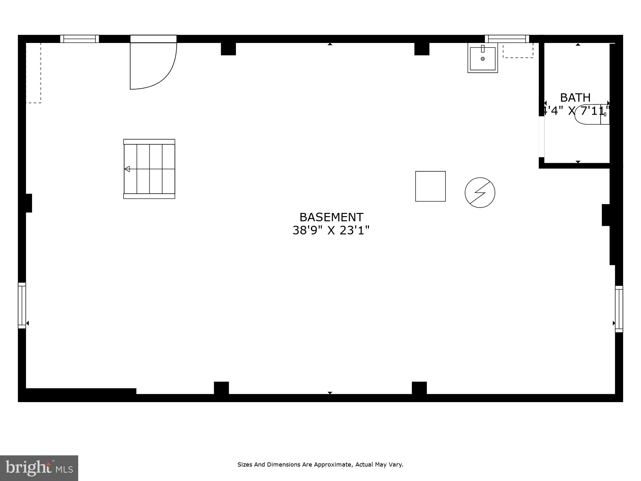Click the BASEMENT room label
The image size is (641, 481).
pyautogui.click(x=331, y=217)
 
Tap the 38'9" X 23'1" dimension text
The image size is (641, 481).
pyautogui.click(x=331, y=231)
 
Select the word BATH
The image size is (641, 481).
pyautogui.click(x=575, y=97)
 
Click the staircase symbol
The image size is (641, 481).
pyautogui.click(x=149, y=169)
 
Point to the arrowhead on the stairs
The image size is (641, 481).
pyautogui.click(x=127, y=169)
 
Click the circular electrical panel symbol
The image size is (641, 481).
pyautogui.click(x=480, y=192)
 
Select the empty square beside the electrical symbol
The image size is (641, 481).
pyautogui.click(x=430, y=186)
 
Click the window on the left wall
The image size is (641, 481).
pyautogui.click(x=22, y=305)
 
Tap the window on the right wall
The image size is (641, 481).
pyautogui.click(x=619, y=309)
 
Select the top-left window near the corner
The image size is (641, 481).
pyautogui.click(x=79, y=39)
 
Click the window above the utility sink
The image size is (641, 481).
pyautogui.click(x=507, y=39)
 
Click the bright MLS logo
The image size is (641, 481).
pyautogui.click(x=39, y=468)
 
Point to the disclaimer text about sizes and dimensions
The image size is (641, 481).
pyautogui.click(x=320, y=464)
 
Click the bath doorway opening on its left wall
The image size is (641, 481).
pyautogui.click(x=542, y=137)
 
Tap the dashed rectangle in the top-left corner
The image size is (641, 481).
pyautogui.click(x=33, y=73)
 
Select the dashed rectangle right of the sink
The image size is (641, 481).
pyautogui.click(x=518, y=51)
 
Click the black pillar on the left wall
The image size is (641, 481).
pyautogui.click(x=29, y=203)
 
